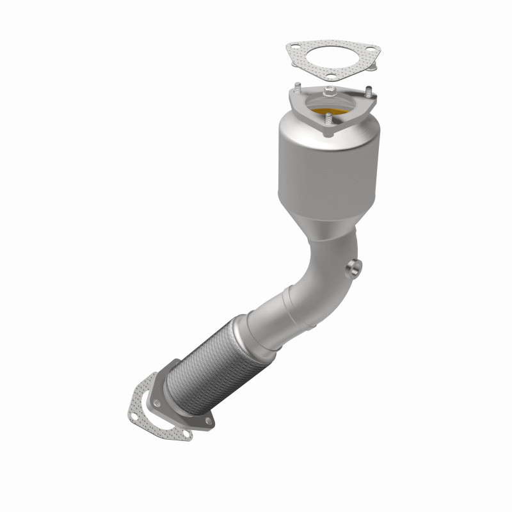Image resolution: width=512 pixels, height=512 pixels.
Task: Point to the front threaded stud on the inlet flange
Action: [328, 119]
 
